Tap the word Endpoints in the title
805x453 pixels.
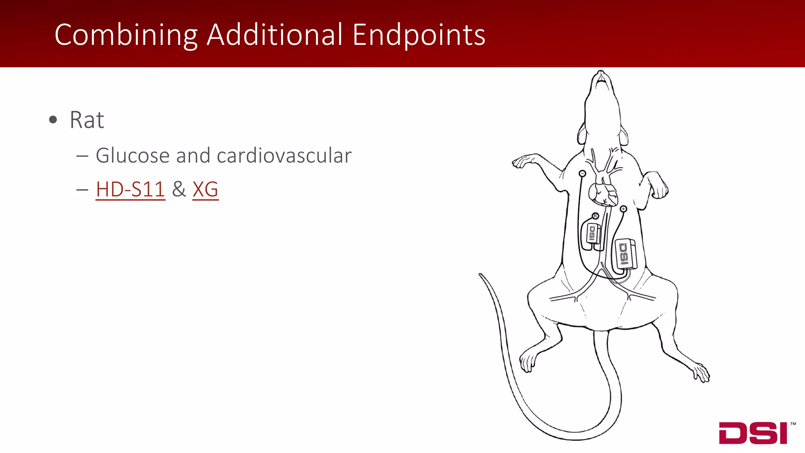(419, 35)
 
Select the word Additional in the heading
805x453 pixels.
(275, 35)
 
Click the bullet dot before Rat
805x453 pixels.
(53, 120)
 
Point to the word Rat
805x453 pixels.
(87, 120)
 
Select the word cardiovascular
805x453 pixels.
(284, 156)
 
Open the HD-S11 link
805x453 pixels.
(130, 190)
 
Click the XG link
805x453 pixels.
(205, 190)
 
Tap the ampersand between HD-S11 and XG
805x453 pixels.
(179, 190)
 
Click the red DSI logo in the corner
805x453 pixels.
(753, 433)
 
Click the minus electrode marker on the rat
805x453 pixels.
(583, 173)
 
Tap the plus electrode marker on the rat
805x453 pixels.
(623, 209)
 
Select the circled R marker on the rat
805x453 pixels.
(595, 216)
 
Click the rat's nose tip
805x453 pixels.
(601, 72)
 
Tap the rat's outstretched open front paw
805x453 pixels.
(523, 161)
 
